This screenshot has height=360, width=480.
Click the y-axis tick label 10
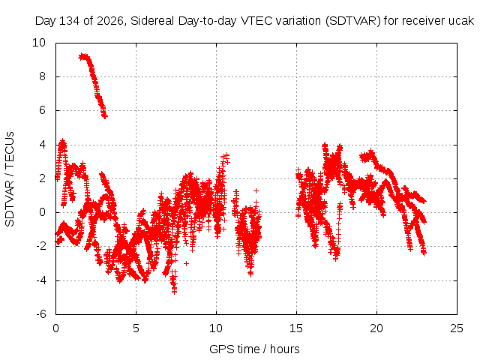39,43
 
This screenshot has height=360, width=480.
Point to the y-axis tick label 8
42,76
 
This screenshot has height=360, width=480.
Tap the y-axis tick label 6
42,110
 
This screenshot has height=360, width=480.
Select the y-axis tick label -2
41,246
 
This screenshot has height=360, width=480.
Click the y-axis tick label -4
41,280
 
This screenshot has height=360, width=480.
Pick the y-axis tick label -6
41,314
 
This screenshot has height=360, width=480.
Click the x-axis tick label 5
136,328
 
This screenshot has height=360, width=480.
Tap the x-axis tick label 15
296,328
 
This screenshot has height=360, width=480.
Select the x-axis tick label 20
376,328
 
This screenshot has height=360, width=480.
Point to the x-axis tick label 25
457,328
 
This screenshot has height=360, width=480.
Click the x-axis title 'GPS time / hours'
254,349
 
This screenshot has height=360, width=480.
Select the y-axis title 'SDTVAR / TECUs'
10,179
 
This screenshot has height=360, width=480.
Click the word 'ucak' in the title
461,21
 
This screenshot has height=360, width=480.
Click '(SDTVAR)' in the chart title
352,21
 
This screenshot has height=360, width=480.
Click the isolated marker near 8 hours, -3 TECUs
186,263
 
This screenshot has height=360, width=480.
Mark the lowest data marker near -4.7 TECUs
175,292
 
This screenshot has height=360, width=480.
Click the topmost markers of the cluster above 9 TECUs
82,56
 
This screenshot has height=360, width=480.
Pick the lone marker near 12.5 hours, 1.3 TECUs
256,190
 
